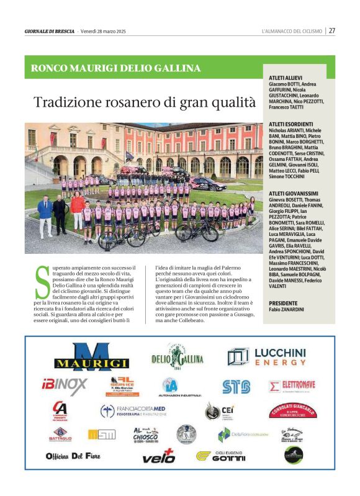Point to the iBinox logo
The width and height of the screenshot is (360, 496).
tap(65, 386)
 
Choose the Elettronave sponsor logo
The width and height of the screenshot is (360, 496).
tap(293, 386)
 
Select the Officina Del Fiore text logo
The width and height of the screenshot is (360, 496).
tap(73, 456)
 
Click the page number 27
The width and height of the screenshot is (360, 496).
tap(332, 30)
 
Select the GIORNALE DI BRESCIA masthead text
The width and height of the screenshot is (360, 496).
tap(50, 31)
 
